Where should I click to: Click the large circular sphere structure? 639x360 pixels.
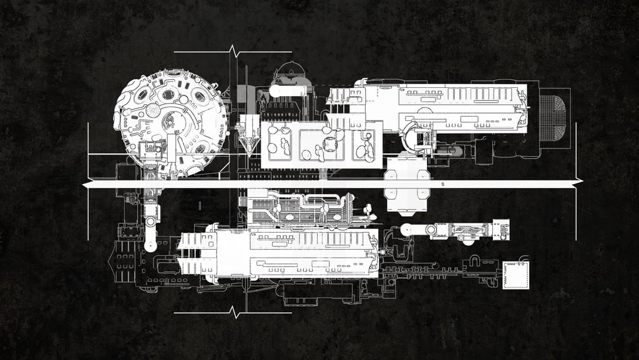point(169,122)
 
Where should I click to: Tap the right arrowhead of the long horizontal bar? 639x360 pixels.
point(578,182)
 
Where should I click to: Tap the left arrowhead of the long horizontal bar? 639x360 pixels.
point(86,185)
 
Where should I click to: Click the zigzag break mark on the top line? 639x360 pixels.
point(233,51)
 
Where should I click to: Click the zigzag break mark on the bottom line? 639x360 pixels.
point(235,312)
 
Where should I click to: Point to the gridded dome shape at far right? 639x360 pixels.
point(552,117)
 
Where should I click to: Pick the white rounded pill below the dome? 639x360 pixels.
point(291,90)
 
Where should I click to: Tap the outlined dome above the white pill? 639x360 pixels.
point(291,72)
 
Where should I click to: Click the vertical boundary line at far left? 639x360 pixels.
point(88,181)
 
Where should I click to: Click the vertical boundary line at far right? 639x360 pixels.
point(575,181)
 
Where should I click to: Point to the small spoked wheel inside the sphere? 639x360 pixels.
point(153,111)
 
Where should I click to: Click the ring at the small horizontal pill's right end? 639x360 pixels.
point(431,230)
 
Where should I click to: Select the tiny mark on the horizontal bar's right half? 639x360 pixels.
point(442,185)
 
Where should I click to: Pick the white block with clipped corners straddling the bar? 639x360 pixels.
point(407,185)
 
